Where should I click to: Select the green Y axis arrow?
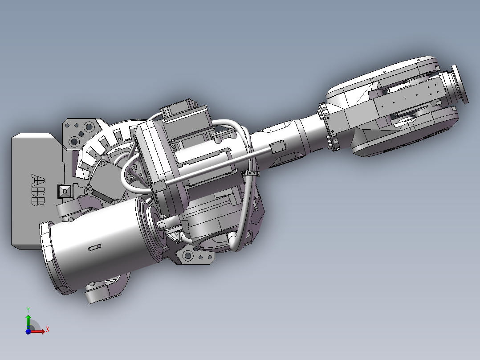[28, 320]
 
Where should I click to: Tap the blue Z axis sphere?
[28, 331]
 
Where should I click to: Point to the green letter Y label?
[28, 309]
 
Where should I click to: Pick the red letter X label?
[48, 329]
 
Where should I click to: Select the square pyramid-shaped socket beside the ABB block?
[65, 191]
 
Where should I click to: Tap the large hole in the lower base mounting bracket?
[187, 255]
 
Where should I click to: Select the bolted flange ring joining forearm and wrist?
[328, 127]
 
